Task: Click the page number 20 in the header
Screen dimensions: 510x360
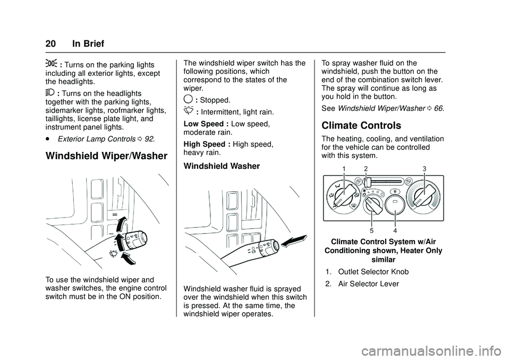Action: (x=52, y=44)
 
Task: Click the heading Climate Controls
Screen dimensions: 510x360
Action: (x=361, y=126)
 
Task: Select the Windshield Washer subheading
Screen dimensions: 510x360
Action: (x=222, y=166)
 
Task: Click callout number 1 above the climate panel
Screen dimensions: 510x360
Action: (x=344, y=169)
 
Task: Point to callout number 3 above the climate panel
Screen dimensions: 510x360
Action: (x=424, y=169)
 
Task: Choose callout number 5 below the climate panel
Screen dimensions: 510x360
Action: (x=372, y=230)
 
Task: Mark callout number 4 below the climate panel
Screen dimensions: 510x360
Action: (x=395, y=230)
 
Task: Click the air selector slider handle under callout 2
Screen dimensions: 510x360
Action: (x=367, y=182)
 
